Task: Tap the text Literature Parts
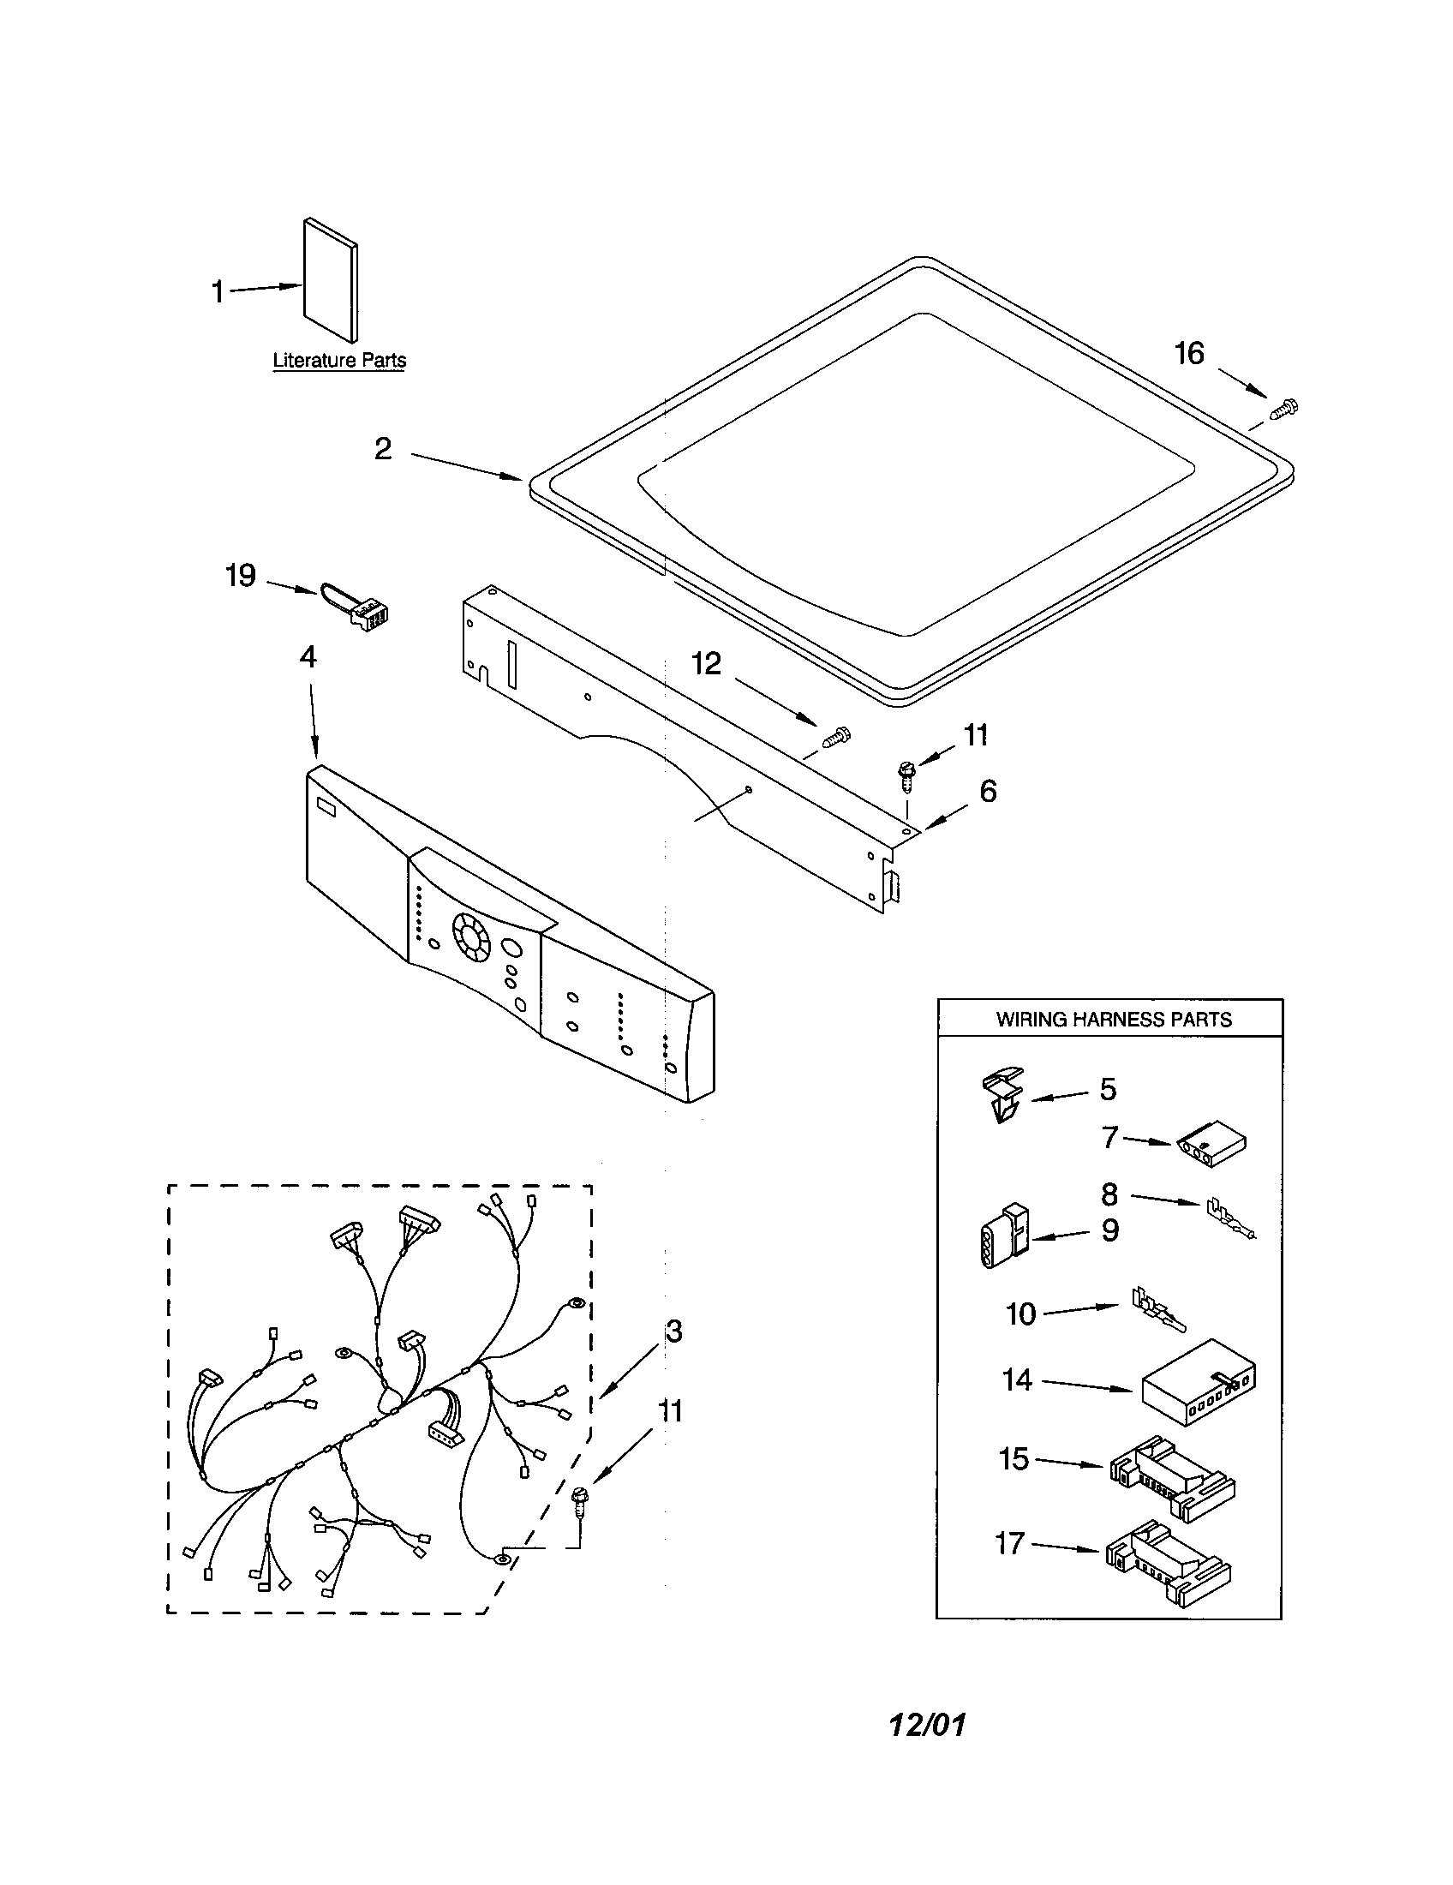pyautogui.click(x=339, y=361)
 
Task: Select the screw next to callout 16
pyautogui.click(x=1285, y=408)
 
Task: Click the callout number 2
pyautogui.click(x=383, y=449)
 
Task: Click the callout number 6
pyautogui.click(x=988, y=791)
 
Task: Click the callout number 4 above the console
pyautogui.click(x=308, y=657)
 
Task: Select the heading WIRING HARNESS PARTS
pyautogui.click(x=1113, y=1020)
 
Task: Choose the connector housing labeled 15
pyautogui.click(x=1171, y=1475)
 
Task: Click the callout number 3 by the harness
pyautogui.click(x=674, y=1331)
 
